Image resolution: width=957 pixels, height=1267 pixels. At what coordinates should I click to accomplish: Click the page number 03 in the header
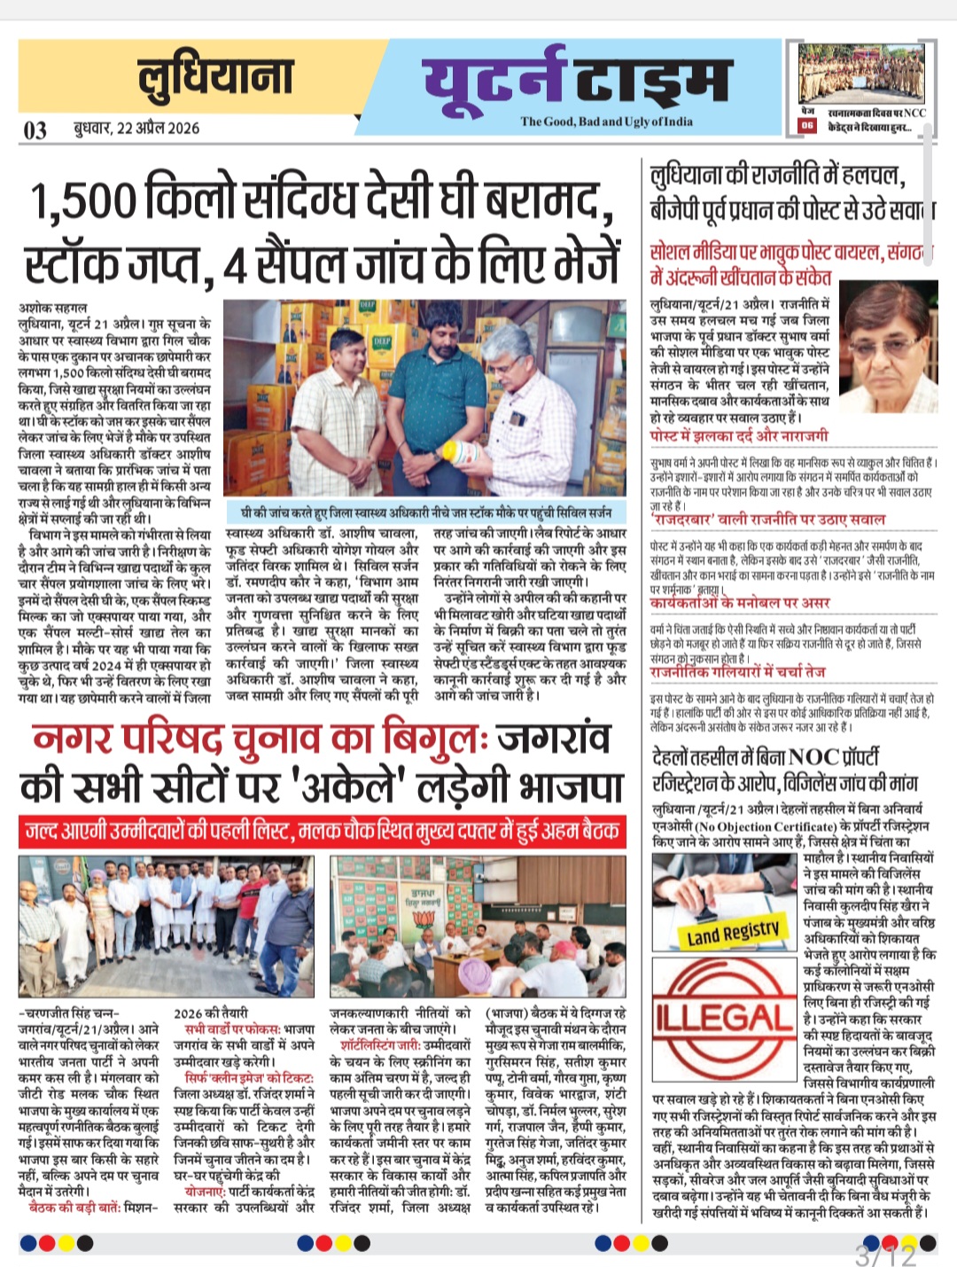pyautogui.click(x=35, y=130)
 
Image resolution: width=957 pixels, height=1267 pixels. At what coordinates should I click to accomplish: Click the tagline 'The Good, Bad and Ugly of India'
pyautogui.click(x=606, y=121)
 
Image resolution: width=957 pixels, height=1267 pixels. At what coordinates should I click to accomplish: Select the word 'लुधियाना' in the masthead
pyautogui.click(x=215, y=76)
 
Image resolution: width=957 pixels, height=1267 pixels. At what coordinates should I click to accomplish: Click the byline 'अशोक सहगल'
pyautogui.click(x=50, y=308)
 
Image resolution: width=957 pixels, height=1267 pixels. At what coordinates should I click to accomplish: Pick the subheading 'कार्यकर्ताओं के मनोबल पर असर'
pyautogui.click(x=739, y=603)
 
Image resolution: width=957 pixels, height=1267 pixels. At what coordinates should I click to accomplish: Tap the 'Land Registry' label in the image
pyautogui.click(x=734, y=932)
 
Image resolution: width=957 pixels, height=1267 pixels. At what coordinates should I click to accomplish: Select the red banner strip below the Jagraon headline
pyautogui.click(x=321, y=831)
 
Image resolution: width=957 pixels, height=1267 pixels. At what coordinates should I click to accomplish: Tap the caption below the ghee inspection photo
pyautogui.click(x=426, y=512)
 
